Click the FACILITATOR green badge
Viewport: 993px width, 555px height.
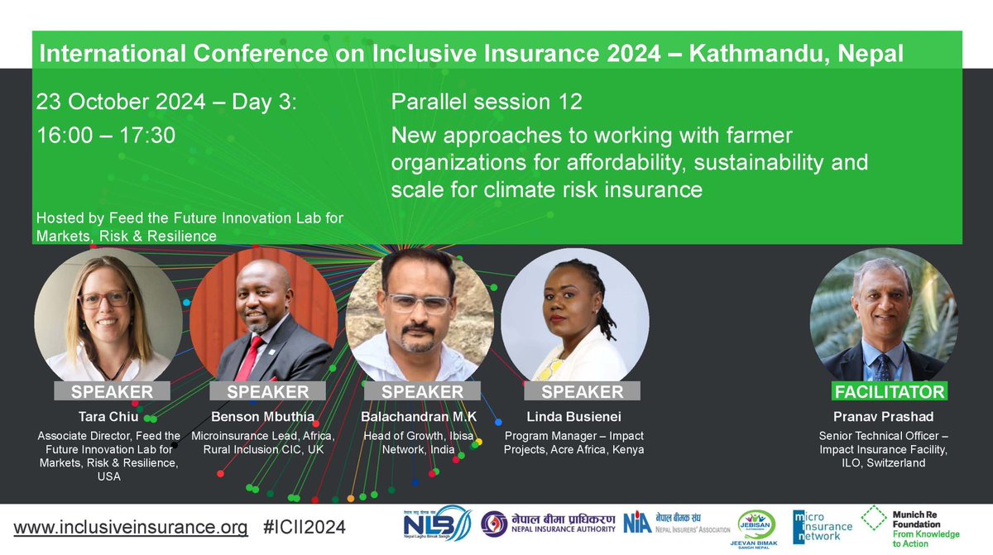pyautogui.click(x=887, y=390)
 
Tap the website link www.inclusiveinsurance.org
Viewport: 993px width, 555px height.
pyautogui.click(x=130, y=527)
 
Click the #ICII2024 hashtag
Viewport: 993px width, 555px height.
pyautogui.click(x=303, y=527)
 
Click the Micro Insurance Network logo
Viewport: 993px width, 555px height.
pyautogui.click(x=821, y=526)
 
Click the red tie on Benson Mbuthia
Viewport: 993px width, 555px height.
pyautogui.click(x=249, y=358)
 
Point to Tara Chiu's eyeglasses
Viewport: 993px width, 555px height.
pyautogui.click(x=104, y=299)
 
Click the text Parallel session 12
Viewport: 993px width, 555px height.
pyautogui.click(x=487, y=103)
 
